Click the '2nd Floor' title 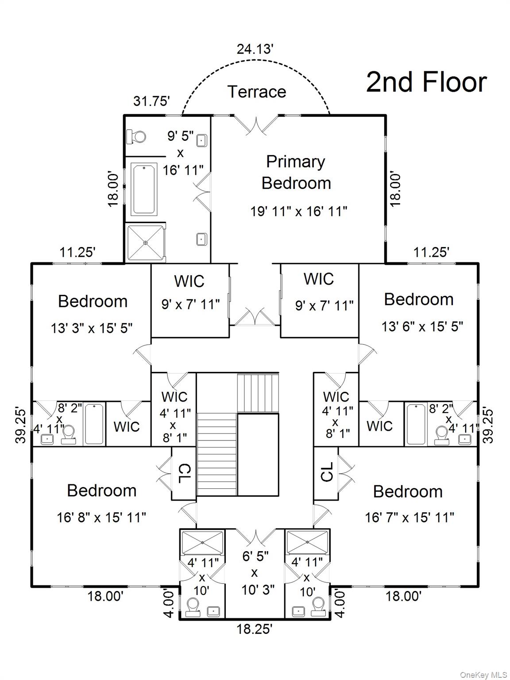click(x=426, y=82)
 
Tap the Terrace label click(x=257, y=92)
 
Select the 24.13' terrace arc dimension click(x=255, y=49)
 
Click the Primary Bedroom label click(x=296, y=172)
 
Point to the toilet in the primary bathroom click(x=136, y=136)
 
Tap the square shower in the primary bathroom click(x=146, y=243)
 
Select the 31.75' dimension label click(x=152, y=101)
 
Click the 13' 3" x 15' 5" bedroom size click(x=92, y=328)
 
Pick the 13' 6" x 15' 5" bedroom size click(x=422, y=327)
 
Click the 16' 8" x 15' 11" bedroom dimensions click(x=101, y=517)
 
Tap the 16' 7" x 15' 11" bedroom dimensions click(x=410, y=517)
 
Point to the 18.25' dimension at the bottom click(x=254, y=629)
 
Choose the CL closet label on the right click(x=326, y=472)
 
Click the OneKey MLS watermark click(x=483, y=675)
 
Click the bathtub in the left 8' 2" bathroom click(x=95, y=424)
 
